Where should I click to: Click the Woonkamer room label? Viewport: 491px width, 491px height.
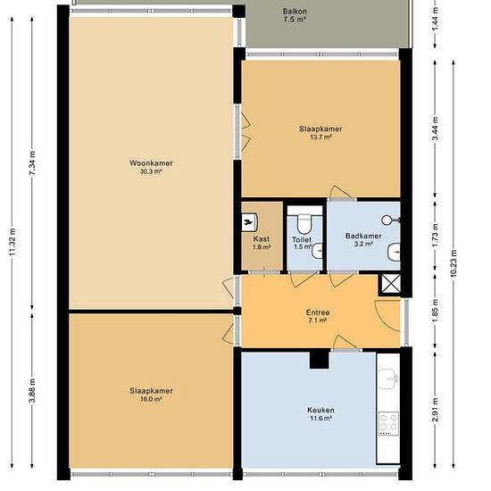click(x=151, y=163)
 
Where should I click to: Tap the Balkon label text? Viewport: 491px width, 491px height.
click(x=295, y=12)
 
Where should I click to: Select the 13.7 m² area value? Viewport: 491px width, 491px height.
click(x=320, y=137)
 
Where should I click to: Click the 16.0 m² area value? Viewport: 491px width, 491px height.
click(x=151, y=399)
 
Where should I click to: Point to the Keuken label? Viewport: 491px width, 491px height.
click(x=320, y=410)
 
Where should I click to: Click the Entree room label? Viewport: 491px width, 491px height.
click(x=318, y=312)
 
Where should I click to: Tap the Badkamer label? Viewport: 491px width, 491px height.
click(x=363, y=236)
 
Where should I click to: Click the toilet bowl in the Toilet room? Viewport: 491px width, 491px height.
click(x=304, y=223)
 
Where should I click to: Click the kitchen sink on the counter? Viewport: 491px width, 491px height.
click(x=388, y=379)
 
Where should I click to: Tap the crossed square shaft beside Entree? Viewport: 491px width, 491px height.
click(x=391, y=284)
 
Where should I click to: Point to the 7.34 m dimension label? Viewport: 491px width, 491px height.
click(x=32, y=163)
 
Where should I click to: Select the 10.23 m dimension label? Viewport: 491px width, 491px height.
click(x=454, y=263)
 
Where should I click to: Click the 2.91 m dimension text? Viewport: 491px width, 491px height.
click(x=436, y=410)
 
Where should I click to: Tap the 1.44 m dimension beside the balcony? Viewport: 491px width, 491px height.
click(x=436, y=19)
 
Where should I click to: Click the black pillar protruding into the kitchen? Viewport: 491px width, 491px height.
click(x=319, y=360)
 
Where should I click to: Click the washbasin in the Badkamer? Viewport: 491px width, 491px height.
click(x=394, y=252)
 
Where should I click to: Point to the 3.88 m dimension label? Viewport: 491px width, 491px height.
click(x=32, y=391)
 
